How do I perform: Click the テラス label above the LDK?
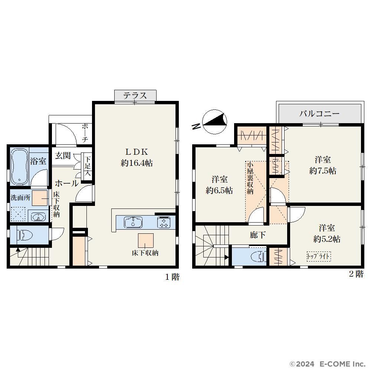coord(135,96)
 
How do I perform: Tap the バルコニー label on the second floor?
coord(319,114)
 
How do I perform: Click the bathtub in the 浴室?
coord(19,166)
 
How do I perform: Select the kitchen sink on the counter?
coord(133,222)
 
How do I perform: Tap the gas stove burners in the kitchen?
coord(164,222)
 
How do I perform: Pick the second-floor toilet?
coord(259,257)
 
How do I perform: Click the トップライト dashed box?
coord(318,256)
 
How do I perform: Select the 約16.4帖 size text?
coord(137,163)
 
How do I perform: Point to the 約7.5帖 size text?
coord(323,171)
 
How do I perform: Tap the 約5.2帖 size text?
coord(327,239)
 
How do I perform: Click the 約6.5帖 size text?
coord(219,190)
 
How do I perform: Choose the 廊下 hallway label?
coord(258,235)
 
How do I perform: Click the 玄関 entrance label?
coord(63,156)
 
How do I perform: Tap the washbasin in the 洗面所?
coord(39,217)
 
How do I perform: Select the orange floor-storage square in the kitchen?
coord(146,240)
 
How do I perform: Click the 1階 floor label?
coord(172,277)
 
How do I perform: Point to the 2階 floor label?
coord(356,274)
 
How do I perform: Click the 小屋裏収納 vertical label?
coord(250,178)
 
